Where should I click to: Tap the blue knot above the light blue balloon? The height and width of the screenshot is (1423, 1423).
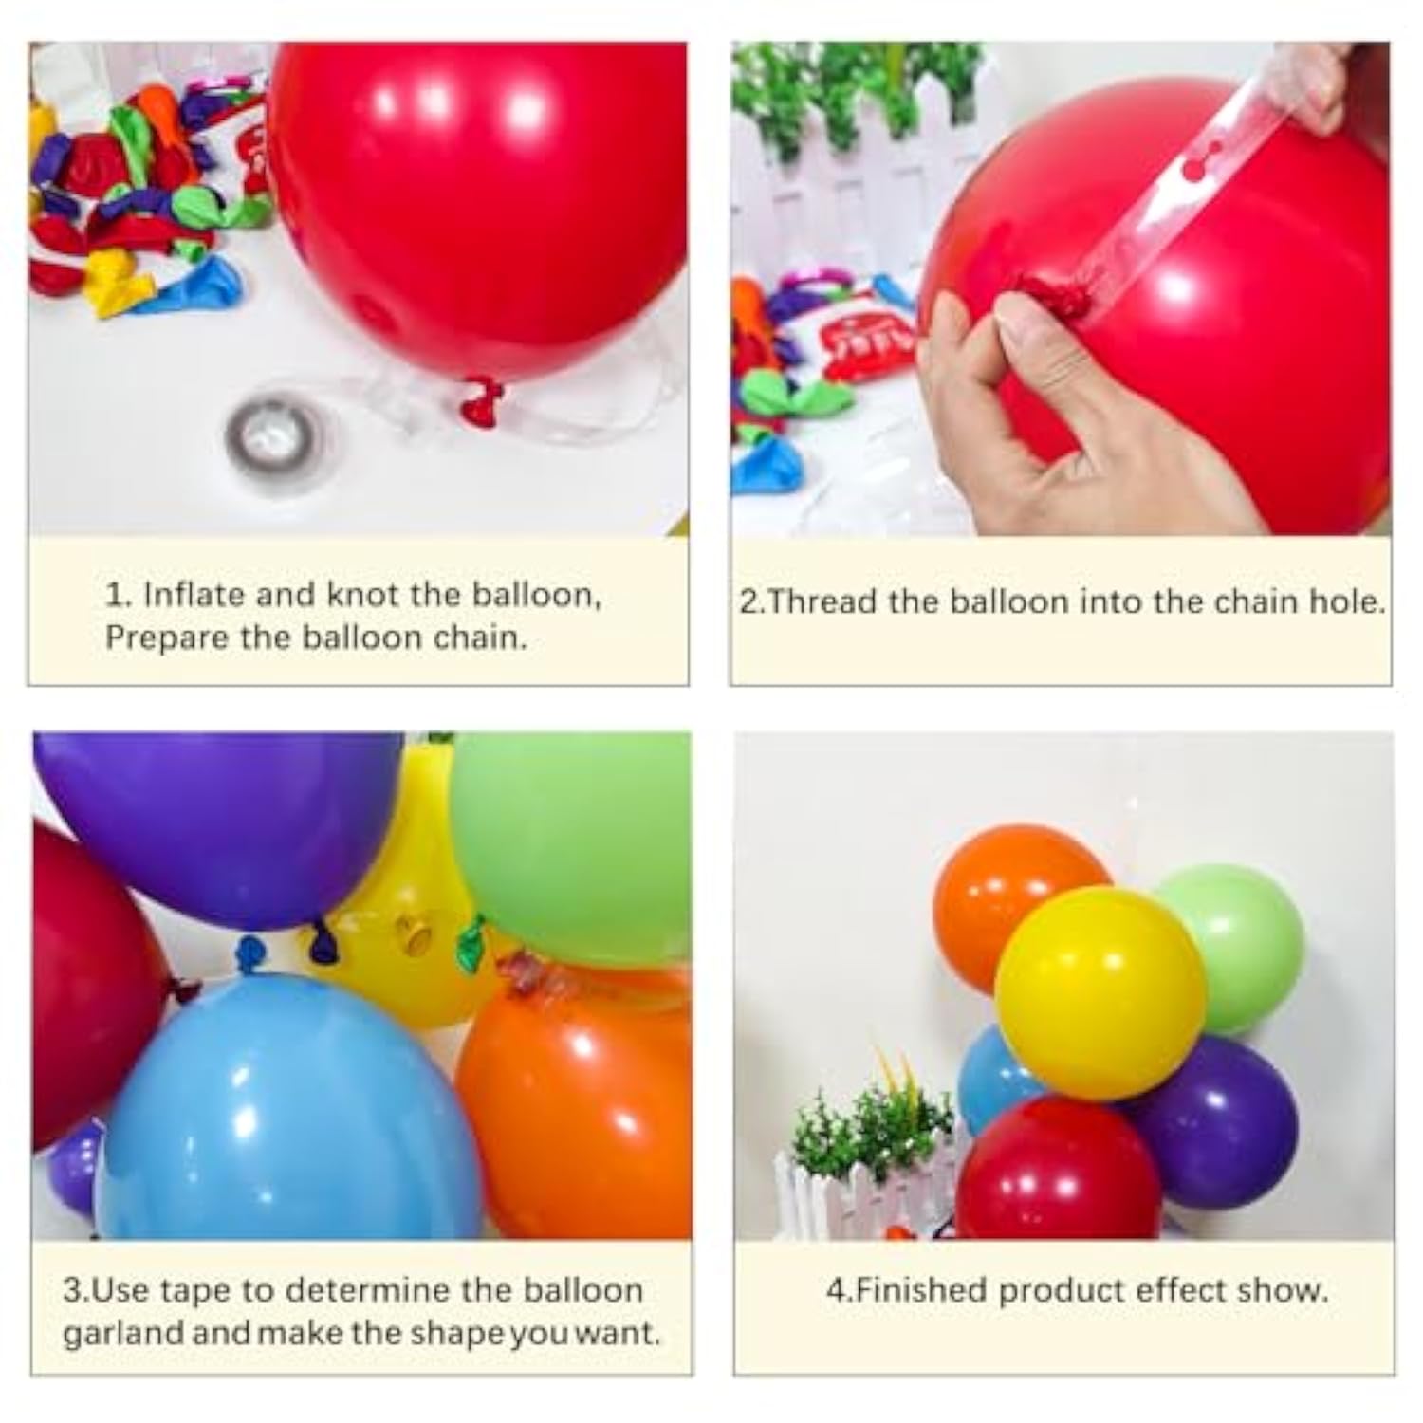point(249,952)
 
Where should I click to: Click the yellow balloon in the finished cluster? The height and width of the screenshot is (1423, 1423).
point(1100,991)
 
